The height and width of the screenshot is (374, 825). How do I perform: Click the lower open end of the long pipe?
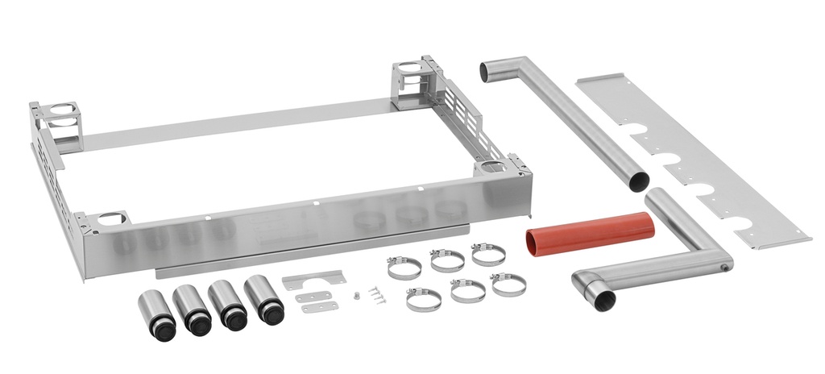(637, 181)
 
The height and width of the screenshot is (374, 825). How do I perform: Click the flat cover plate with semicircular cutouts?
(694, 161)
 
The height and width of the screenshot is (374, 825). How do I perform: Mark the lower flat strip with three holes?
(321, 309)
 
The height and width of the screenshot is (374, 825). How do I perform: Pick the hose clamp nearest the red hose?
(488, 255)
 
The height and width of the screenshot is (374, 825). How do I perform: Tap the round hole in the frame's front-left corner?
(114, 218)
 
